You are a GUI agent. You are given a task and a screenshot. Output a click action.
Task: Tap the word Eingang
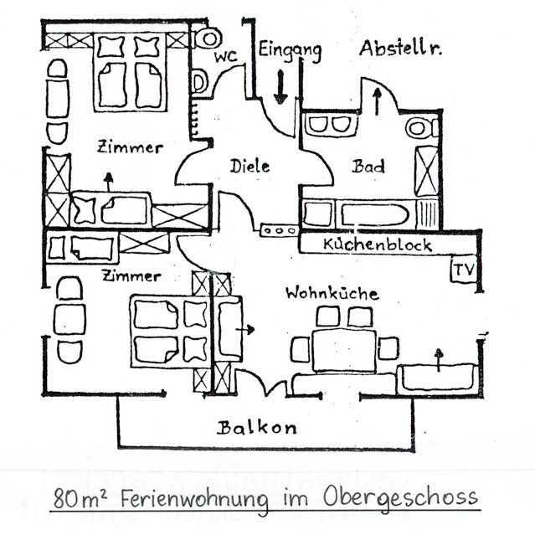(x=290, y=50)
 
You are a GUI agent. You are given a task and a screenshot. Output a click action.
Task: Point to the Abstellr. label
(x=401, y=49)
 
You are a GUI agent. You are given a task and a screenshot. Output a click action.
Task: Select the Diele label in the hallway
(x=250, y=166)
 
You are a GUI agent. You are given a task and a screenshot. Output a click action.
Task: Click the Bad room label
(x=368, y=166)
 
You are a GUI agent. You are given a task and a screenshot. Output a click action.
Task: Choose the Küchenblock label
(x=377, y=244)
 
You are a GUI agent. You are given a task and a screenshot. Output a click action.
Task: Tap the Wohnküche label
(x=332, y=293)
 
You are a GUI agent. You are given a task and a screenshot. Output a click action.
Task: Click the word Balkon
(x=257, y=428)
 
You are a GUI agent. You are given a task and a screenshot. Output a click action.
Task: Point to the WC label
(x=225, y=57)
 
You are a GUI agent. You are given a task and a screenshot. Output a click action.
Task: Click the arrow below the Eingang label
(x=280, y=87)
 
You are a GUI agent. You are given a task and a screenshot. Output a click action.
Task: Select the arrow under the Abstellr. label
(x=376, y=100)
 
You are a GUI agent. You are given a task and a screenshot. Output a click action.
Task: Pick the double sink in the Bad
(x=327, y=125)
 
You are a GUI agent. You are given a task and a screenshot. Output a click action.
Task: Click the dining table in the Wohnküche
(x=344, y=348)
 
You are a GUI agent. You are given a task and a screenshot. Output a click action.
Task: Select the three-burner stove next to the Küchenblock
(x=279, y=229)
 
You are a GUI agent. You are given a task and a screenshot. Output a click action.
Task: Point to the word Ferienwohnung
(x=195, y=500)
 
